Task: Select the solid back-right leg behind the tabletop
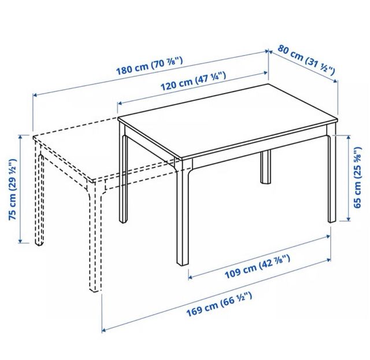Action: [266, 167]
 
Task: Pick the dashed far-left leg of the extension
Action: [39, 197]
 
